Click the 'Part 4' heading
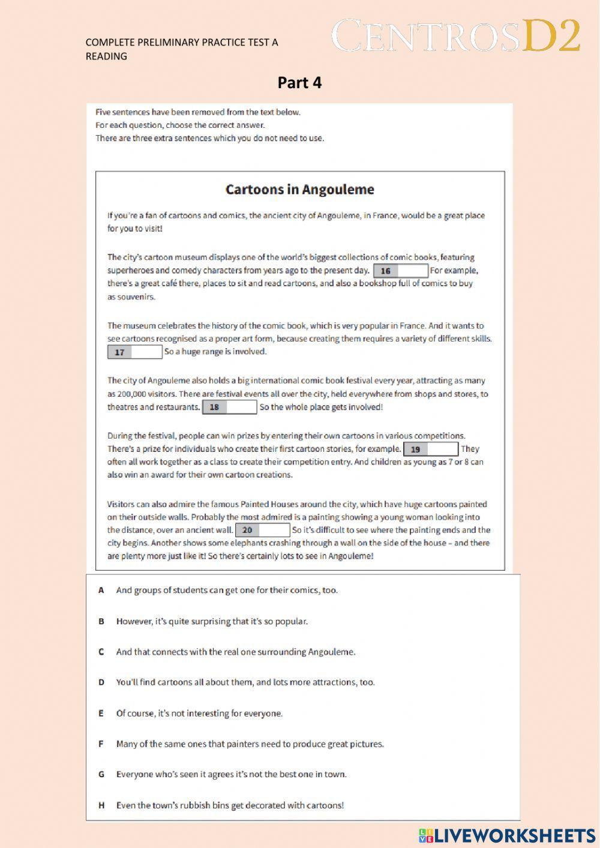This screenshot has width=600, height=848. click(299, 83)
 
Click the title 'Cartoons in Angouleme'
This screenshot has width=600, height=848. click(299, 190)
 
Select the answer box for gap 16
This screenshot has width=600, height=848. click(401, 271)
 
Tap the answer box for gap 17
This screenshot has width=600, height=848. click(135, 352)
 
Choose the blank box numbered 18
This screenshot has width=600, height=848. click(230, 407)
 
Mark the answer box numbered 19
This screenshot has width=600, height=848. click(431, 449)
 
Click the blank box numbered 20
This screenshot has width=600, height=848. click(263, 531)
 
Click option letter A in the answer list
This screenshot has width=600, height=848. click(101, 591)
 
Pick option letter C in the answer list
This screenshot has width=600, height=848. click(101, 652)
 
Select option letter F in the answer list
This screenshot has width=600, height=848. click(101, 744)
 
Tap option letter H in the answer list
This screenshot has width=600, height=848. click(101, 806)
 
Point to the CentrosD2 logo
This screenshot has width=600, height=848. click(455, 37)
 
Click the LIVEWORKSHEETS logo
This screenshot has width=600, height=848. click(507, 835)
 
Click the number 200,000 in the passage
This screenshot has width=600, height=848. click(134, 394)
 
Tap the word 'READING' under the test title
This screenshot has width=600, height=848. click(106, 56)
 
